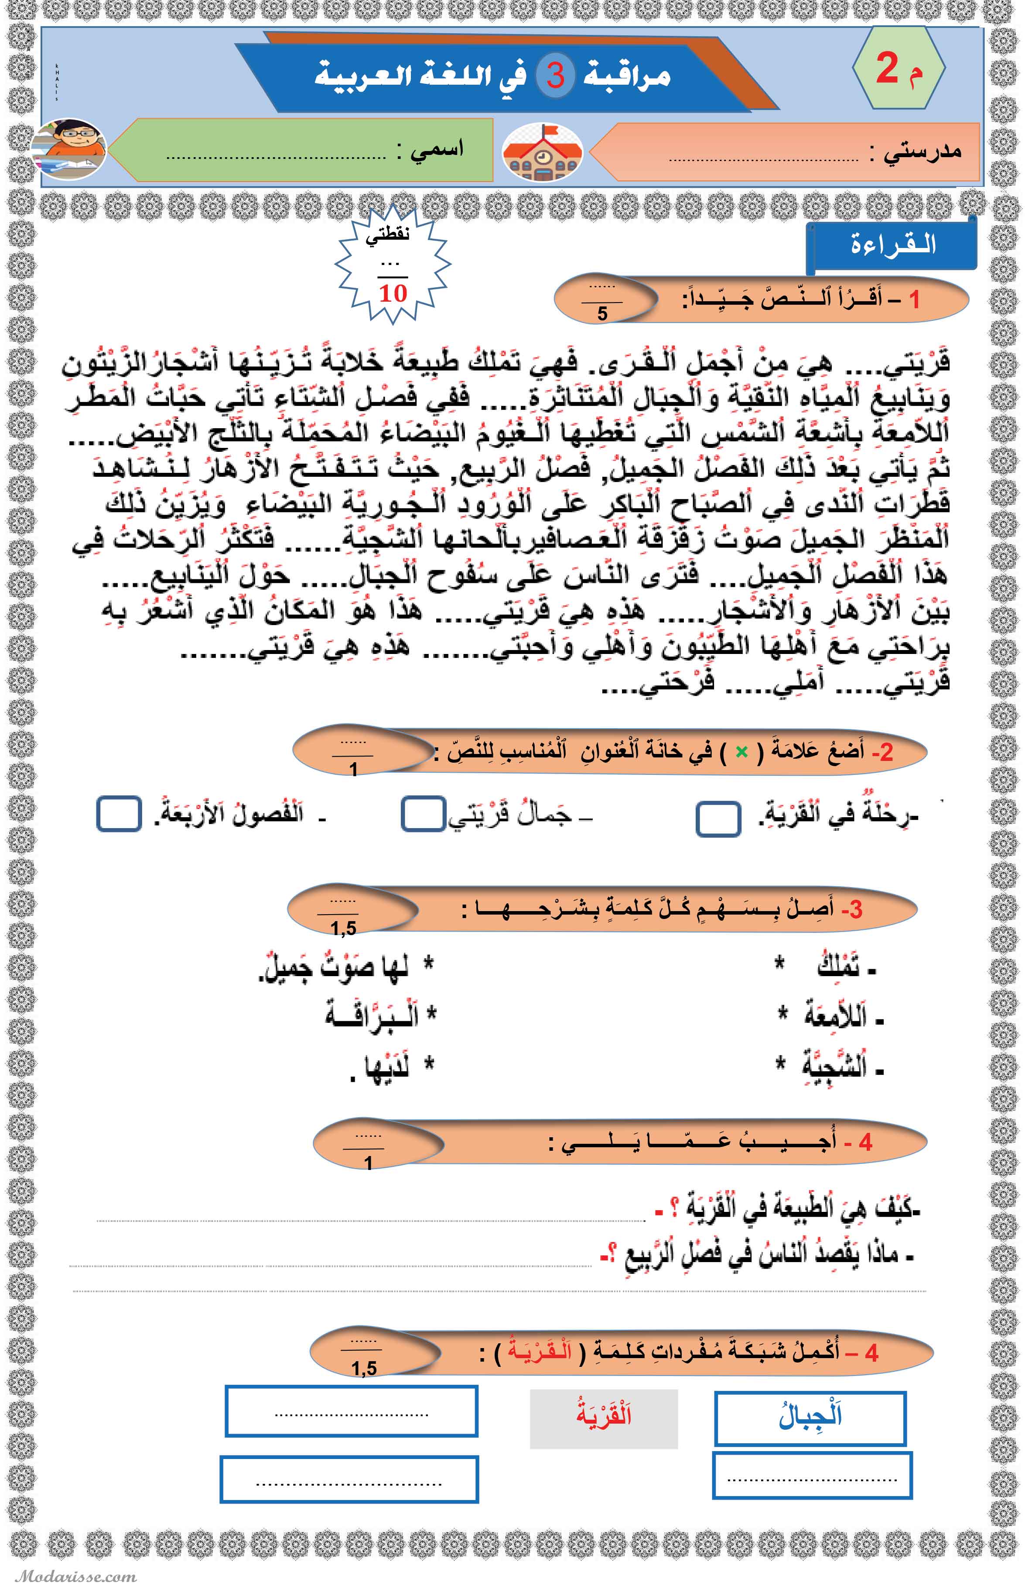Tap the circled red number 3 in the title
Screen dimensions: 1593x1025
556,75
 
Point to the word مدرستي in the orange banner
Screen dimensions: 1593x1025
922,152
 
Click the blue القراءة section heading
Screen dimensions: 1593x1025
892,245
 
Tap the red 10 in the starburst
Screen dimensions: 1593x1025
393,293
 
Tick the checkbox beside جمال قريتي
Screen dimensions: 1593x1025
424,814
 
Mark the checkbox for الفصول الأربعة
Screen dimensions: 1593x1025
119,814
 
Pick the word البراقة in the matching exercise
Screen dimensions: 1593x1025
373,1015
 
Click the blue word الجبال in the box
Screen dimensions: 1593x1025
810,1417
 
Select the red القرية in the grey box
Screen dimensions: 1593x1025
604,1415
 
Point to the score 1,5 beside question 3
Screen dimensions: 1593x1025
343,928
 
